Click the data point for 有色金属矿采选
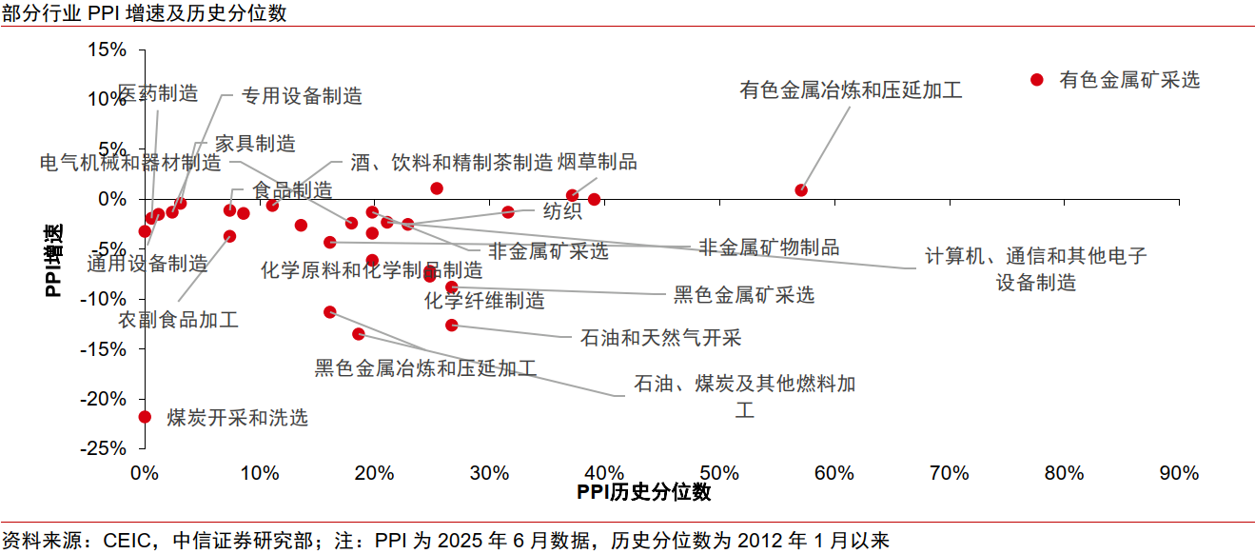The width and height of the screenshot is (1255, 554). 1037,80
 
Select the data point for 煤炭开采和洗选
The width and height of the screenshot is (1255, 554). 145,416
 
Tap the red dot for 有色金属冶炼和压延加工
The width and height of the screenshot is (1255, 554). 801,190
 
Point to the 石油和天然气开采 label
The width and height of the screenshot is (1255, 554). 660,337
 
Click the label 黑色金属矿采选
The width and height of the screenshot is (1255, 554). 744,295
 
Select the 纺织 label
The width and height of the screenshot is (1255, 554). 562,211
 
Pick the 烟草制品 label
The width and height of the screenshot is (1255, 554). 598,163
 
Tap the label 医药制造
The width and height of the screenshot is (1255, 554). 158,93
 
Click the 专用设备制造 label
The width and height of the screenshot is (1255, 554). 302,95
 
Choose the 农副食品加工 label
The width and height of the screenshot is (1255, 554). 179,320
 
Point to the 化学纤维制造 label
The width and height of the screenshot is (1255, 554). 484,301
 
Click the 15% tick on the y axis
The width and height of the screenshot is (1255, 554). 107,49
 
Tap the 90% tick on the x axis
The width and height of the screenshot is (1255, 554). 1179,473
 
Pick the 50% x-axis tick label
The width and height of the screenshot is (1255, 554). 719,473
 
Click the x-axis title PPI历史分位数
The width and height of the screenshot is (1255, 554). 644,493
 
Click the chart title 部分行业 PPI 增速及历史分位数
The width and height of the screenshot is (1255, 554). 144,13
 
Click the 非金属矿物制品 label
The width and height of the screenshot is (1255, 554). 769,247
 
